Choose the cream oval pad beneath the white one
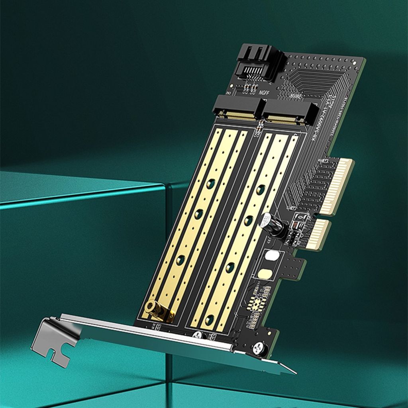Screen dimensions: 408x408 [x=265, y=274]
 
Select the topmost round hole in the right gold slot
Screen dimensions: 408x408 [x=261, y=190]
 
